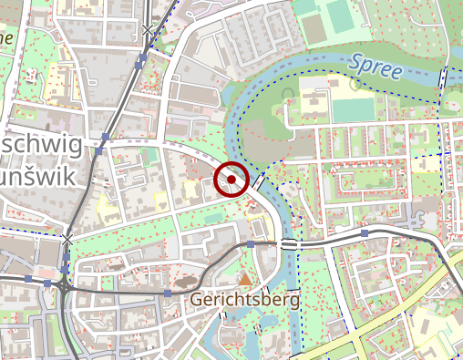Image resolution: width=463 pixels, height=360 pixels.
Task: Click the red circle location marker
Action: click(232, 179)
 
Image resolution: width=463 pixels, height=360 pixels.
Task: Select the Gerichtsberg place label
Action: click(243, 299)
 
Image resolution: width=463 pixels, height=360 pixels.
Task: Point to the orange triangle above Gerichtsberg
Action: click(244, 278)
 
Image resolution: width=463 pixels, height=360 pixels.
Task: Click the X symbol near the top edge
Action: click(148, 32)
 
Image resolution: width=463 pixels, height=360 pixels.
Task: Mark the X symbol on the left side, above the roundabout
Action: click(67, 240)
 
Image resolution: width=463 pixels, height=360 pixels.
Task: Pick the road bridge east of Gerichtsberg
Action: click(289, 244)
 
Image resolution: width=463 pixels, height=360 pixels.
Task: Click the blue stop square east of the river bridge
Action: click(365, 233)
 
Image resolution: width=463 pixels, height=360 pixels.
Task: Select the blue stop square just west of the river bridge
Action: click(251, 244)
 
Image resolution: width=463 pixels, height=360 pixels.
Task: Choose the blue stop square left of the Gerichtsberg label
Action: click(168, 293)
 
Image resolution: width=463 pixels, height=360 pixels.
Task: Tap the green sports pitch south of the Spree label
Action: click(353, 108)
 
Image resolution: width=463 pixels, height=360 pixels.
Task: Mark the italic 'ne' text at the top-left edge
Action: click(7, 38)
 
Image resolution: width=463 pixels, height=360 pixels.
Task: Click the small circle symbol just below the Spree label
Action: click(354, 84)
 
